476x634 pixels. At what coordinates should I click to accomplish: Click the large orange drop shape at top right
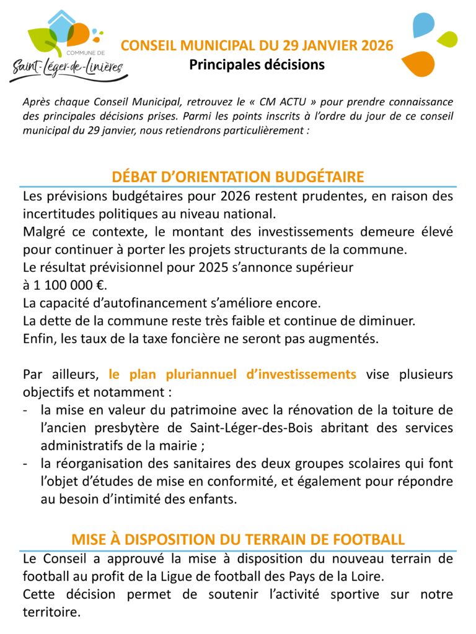(418, 63)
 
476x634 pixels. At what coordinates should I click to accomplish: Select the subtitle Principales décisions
(257, 64)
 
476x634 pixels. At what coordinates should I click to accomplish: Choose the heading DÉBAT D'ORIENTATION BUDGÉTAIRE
(238, 177)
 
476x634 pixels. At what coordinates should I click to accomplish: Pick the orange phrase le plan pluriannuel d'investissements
(232, 375)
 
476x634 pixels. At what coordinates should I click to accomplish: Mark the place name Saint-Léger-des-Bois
(249, 428)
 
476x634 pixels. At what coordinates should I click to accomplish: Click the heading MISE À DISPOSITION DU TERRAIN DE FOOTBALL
(238, 539)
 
